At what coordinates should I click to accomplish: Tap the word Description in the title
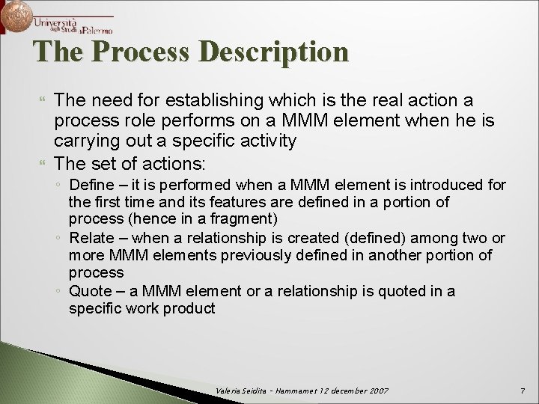tap(276, 52)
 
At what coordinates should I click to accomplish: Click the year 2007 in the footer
tap(377, 392)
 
